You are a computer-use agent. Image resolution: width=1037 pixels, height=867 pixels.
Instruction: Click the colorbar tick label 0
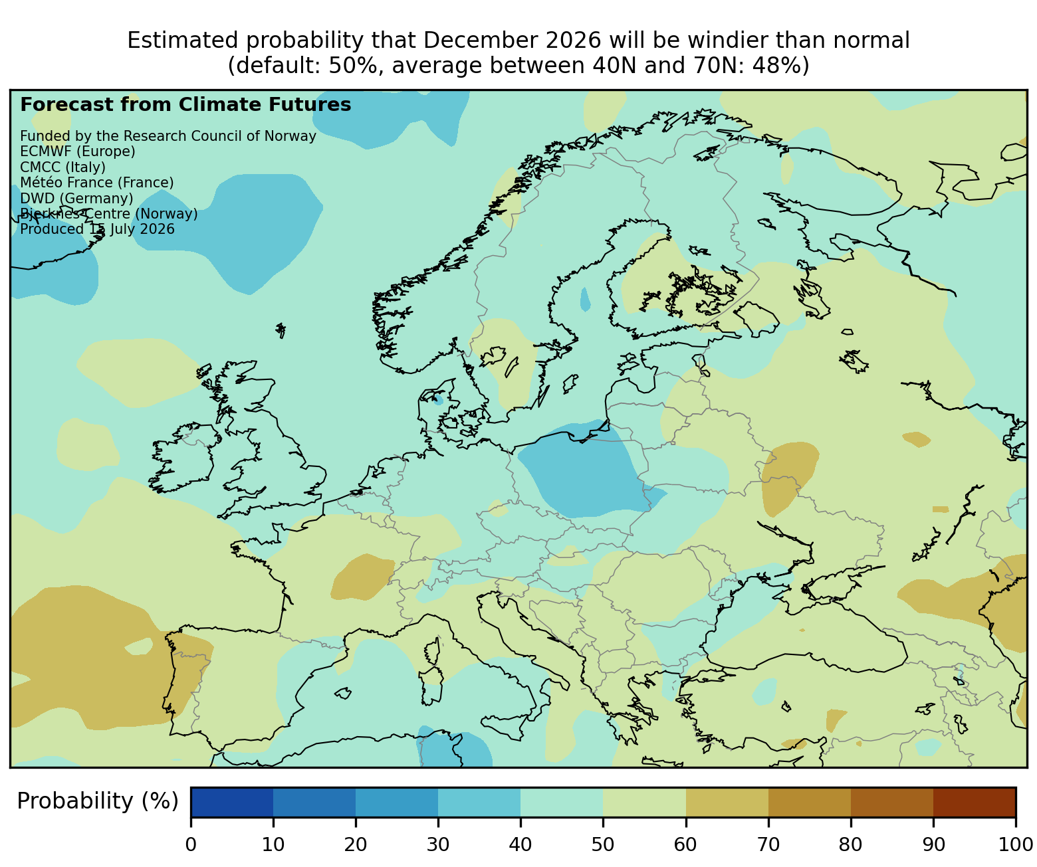click(191, 844)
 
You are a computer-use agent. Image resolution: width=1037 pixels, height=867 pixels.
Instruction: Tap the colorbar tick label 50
click(603, 844)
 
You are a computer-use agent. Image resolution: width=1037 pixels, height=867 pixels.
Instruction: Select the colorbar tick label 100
click(1016, 844)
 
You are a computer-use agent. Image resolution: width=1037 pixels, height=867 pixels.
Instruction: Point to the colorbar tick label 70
click(768, 844)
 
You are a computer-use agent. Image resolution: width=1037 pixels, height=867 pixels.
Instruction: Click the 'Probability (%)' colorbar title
click(98, 801)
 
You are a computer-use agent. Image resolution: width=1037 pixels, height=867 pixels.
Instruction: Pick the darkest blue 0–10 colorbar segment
click(232, 803)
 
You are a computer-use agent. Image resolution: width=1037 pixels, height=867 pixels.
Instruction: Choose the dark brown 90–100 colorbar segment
click(975, 803)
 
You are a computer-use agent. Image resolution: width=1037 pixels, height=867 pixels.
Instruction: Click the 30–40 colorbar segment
click(479, 803)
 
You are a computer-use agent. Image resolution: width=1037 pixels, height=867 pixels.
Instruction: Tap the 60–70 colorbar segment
click(727, 803)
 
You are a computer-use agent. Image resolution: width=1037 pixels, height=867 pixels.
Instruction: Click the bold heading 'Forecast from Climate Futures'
click(185, 105)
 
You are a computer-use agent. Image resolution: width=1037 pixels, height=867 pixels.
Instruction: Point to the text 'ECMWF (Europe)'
click(78, 151)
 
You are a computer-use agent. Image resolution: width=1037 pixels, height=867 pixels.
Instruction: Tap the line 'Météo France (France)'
click(97, 182)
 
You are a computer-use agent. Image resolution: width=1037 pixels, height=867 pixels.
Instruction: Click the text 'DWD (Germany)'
click(76, 198)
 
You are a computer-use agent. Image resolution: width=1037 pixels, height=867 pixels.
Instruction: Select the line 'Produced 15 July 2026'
click(97, 229)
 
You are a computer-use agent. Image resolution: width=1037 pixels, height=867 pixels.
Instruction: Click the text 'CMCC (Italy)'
click(62, 167)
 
